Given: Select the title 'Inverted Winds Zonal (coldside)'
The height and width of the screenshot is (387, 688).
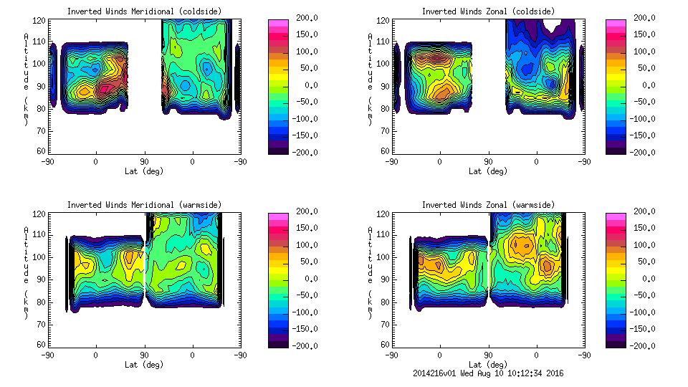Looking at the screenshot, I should (x=488, y=11).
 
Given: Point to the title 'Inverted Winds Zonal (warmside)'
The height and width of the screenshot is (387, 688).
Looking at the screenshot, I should (x=488, y=205).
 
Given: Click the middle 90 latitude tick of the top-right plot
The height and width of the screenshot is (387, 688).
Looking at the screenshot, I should (x=488, y=162).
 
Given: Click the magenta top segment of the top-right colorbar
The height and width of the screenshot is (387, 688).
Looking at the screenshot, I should (x=616, y=23).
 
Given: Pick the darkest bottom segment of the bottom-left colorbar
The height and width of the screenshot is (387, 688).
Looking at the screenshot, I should (x=277, y=343).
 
